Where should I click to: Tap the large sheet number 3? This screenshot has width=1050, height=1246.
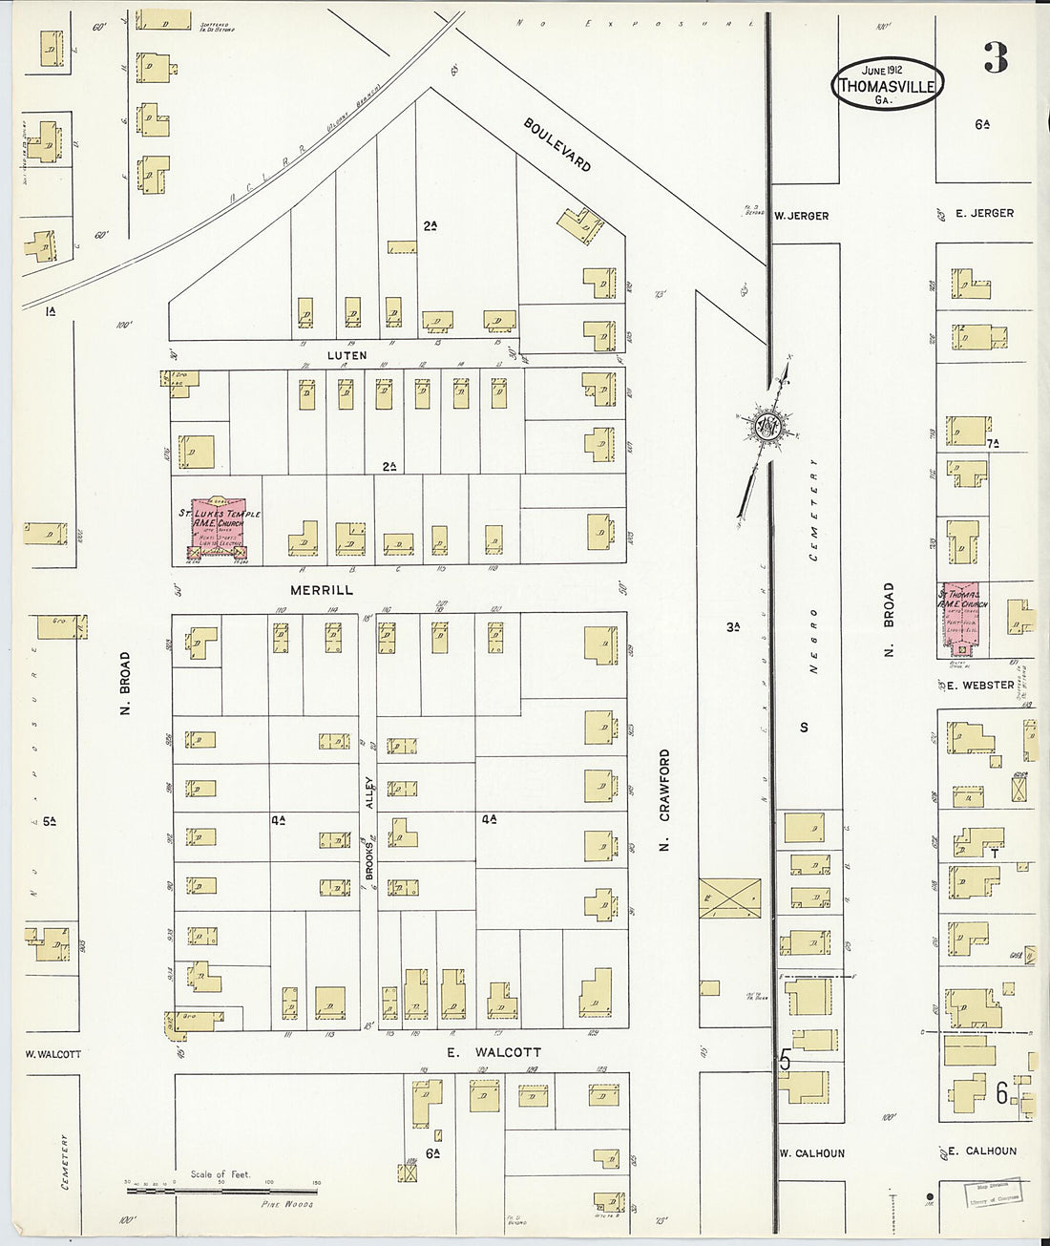pos(995,59)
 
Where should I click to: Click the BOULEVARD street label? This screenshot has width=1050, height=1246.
pos(557,145)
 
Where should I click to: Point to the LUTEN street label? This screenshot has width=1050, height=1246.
pos(346,355)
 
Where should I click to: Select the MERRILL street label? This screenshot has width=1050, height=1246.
pos(322,590)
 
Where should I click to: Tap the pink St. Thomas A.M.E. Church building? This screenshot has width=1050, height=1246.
pos(963,619)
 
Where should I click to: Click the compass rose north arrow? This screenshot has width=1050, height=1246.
pos(766,428)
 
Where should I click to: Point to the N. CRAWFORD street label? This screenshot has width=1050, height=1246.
pos(664,798)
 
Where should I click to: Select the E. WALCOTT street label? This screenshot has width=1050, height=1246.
pos(494,1051)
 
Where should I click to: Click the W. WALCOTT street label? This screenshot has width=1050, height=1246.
pos(52,1054)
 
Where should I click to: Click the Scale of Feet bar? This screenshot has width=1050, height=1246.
pos(221,1190)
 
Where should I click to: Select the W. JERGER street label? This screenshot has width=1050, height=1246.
pos(802,216)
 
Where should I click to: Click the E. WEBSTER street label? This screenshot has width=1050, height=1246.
pos(980,685)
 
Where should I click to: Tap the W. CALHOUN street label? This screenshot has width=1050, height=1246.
pos(811,1152)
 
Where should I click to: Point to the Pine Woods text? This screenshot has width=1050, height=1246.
pos(287,1204)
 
